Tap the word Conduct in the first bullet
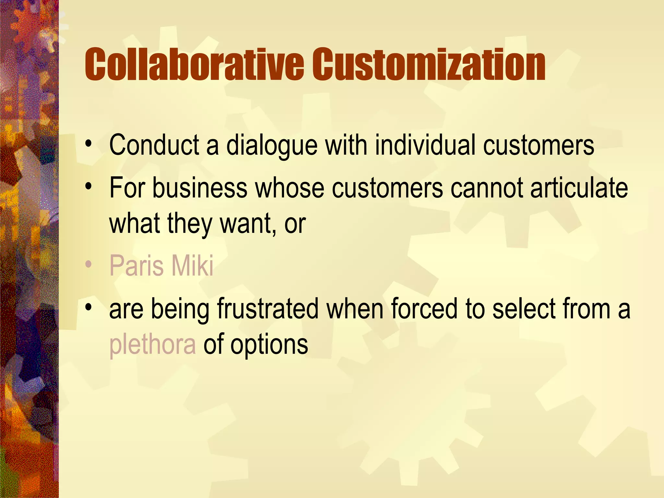tap(154, 145)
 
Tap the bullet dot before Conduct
tap(89, 144)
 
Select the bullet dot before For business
tap(89, 187)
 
